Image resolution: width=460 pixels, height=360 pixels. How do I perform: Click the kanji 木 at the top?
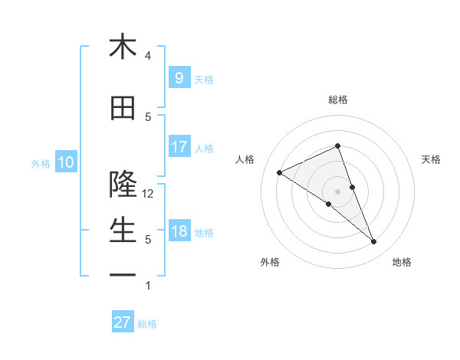(x=123, y=47)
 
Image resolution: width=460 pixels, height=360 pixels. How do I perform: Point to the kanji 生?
(x=123, y=230)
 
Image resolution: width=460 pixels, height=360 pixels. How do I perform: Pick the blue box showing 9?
(x=179, y=78)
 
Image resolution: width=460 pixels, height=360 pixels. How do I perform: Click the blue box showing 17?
(x=179, y=147)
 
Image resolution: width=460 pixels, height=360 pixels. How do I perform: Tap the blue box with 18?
(x=179, y=231)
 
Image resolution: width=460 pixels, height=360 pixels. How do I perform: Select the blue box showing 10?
(x=65, y=162)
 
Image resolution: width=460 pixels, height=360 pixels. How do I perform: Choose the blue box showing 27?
(x=123, y=322)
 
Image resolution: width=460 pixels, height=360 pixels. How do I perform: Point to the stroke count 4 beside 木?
(x=148, y=56)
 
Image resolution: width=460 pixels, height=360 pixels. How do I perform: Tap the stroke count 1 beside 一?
(x=148, y=286)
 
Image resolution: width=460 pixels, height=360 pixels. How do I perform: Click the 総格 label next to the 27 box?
(x=147, y=324)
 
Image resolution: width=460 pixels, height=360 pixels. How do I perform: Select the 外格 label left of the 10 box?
(x=41, y=163)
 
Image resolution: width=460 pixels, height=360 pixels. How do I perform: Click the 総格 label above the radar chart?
(x=338, y=100)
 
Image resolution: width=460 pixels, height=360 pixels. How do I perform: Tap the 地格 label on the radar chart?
(x=402, y=262)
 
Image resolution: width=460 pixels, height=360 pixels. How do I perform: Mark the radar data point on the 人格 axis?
(x=280, y=173)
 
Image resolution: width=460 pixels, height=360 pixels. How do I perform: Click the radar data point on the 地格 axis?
(x=374, y=242)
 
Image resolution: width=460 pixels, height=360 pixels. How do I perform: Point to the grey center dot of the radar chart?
(x=337, y=191)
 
